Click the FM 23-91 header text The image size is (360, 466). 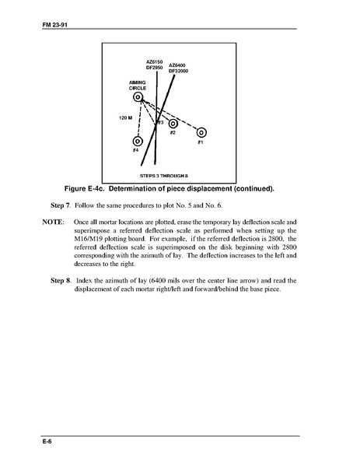55,25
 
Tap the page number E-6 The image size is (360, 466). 47,441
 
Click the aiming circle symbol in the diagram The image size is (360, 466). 138,97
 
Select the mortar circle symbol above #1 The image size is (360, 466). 201,132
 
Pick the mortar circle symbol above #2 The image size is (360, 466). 173,124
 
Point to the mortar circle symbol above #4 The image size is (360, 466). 138,141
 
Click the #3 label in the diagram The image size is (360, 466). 160,122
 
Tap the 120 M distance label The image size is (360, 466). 126,118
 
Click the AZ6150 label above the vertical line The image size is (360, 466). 154,61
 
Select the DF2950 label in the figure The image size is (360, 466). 154,68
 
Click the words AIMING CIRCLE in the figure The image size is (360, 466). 137,86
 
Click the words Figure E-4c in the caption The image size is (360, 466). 84,189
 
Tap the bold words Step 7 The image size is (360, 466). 61,205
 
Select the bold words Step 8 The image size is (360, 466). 61,281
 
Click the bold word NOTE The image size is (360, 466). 53,222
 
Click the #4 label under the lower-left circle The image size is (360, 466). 135,150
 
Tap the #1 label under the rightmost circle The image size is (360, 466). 201,142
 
